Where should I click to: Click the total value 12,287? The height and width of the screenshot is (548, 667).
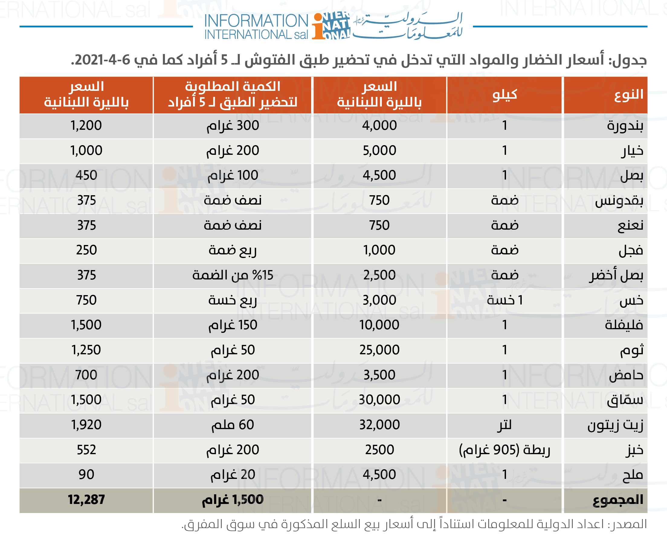pyautogui.click(x=86, y=500)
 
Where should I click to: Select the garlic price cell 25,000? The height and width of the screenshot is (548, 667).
pyautogui.click(x=379, y=350)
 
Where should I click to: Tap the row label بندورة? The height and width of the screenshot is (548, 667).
pyautogui.click(x=625, y=126)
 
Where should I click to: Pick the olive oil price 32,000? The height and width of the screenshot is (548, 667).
pyautogui.click(x=379, y=425)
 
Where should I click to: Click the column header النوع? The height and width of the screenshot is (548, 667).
pyautogui.click(x=629, y=94)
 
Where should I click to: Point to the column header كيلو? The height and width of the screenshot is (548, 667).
pyautogui.click(x=504, y=94)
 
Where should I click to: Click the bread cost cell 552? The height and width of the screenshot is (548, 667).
pyautogui.click(x=86, y=450)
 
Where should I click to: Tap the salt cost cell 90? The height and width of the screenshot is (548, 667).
pyautogui.click(x=86, y=475)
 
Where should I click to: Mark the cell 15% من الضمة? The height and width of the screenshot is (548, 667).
pyautogui.click(x=233, y=275)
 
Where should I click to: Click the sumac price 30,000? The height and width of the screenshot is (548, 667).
pyautogui.click(x=379, y=400)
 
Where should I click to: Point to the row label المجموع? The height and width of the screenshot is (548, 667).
pyautogui.click(x=618, y=500)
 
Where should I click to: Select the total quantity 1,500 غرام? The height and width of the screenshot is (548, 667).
pyautogui.click(x=233, y=500)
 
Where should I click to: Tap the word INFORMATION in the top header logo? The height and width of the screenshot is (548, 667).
pyautogui.click(x=256, y=21)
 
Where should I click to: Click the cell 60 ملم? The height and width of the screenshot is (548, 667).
pyautogui.click(x=233, y=425)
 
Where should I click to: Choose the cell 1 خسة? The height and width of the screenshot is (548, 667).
pyautogui.click(x=504, y=300)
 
